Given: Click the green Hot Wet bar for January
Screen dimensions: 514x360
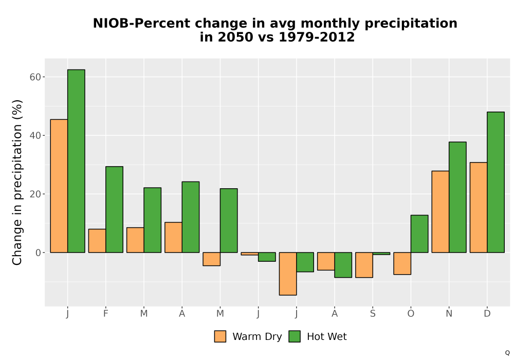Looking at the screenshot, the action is pos(76,161).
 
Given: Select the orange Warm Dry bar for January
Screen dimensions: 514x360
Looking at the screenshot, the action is pos(59,186).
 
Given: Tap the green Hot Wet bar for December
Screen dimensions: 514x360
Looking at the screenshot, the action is pos(495,182).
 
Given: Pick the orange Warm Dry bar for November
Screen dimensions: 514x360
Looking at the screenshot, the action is pos(440,211).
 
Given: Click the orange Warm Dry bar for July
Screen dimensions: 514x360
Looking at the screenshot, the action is pos(288,274).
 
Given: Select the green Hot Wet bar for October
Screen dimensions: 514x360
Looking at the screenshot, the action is pos(419,234).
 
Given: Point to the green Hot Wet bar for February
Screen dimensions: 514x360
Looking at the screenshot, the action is pos(115,209).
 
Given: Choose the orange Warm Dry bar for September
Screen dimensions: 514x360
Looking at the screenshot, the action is pos(364,265).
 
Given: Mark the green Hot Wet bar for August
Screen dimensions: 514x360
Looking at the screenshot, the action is pos(343,265).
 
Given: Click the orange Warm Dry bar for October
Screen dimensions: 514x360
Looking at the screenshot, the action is pos(402,263).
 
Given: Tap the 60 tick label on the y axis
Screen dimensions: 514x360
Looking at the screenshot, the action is pos(35,77).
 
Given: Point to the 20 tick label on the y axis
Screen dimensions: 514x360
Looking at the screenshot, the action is pos(35,194).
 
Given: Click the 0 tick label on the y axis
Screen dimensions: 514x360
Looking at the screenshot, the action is pos(39,253).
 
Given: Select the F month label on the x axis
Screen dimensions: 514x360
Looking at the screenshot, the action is pos(105,314).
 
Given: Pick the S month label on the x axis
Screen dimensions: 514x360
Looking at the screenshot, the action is pos(373,314).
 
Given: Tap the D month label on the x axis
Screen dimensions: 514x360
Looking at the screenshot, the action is pos(487,314).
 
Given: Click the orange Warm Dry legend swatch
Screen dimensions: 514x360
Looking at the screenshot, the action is pos(220,336).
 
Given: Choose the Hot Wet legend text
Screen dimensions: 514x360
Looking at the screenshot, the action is pos(326,336).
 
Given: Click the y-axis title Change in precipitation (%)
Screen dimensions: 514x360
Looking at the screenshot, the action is pos(17,182).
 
